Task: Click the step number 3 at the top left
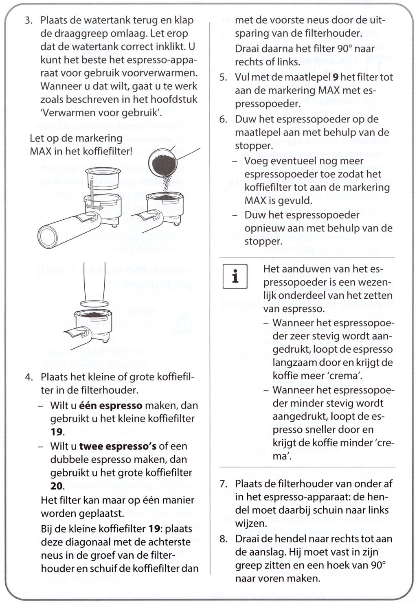click(28, 20)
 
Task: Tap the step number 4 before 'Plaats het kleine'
click(28, 377)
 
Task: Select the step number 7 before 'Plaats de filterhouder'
click(223, 484)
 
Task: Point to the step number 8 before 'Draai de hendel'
click(223, 539)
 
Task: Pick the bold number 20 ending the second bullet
click(57, 486)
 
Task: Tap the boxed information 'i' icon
click(235, 277)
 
